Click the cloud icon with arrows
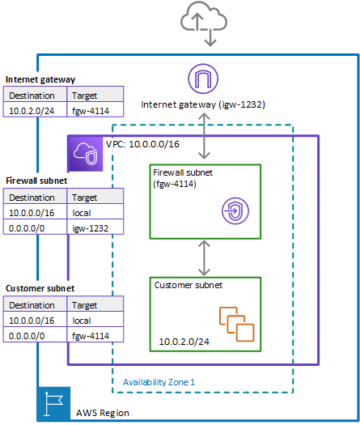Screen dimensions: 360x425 204,23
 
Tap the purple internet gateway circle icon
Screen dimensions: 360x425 203,79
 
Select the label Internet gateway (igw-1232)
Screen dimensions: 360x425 203,104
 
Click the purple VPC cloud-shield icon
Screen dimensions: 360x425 85,154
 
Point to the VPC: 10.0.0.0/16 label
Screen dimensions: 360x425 142,144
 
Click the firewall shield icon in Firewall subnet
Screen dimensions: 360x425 235,210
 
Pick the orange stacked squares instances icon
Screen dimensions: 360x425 237,324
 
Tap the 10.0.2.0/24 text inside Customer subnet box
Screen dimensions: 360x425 184,342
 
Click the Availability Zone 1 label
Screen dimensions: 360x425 159,382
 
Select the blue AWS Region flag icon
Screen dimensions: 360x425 54,404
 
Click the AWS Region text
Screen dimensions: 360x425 103,413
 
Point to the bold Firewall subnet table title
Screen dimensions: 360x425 36,181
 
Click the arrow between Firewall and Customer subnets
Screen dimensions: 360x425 204,258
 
